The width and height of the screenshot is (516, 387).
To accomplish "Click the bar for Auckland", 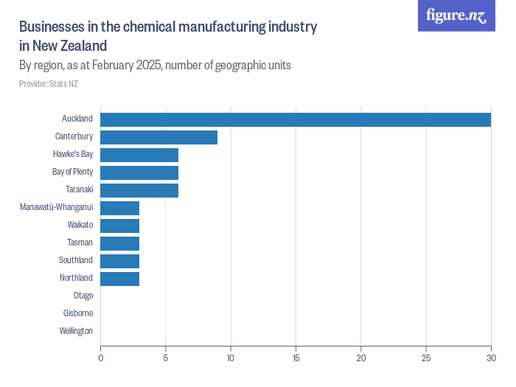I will [295, 119].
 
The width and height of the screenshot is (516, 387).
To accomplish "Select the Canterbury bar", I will [158, 137].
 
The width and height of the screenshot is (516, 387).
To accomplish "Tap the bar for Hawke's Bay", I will [139, 155].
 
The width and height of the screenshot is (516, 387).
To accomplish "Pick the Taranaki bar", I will [139, 190].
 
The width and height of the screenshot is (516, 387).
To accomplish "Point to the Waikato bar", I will [119, 226].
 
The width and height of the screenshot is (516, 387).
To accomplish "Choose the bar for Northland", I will [119, 279].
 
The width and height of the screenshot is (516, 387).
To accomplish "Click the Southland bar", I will [119, 261].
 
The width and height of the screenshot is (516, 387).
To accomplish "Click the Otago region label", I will [83, 296].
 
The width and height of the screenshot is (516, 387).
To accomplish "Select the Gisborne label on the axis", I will [78, 313].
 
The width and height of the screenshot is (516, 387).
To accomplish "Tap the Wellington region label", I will [76, 331].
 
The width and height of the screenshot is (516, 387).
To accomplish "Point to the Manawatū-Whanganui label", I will [56, 207].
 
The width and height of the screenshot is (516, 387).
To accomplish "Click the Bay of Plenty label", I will [72, 172].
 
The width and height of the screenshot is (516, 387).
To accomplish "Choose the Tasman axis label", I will [80, 243].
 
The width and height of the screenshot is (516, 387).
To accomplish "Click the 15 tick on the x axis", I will [296, 358].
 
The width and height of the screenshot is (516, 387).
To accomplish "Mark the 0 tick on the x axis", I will [101, 358].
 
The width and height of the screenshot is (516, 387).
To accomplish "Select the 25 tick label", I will [426, 358].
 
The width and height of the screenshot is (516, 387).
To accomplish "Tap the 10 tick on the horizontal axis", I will [231, 358].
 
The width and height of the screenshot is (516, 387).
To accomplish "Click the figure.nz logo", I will [456, 16].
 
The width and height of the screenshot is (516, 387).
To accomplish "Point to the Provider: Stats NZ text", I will [49, 84].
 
